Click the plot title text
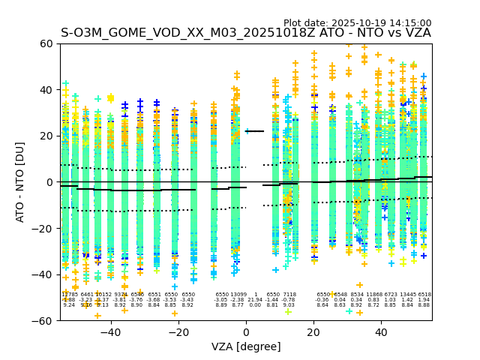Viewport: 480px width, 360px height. click(246, 33)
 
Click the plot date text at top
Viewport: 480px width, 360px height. click(357, 23)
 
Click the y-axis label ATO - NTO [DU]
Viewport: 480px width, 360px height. click(21, 182)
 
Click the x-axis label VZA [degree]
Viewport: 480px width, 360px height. click(246, 346)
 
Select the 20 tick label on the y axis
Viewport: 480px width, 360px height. click(46, 136)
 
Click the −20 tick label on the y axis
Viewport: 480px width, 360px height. click(43, 229)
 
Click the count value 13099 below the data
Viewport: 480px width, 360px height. click(238, 295)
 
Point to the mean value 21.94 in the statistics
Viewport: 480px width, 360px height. click(255, 300)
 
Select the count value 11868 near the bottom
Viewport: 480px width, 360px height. click(373, 295)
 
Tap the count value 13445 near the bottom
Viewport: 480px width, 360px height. click(407, 295)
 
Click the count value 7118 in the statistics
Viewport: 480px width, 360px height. click(289, 295)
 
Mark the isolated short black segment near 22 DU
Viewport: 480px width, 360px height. click(255, 131)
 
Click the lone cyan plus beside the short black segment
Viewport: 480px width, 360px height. click(247, 131)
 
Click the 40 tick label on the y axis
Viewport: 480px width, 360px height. click(46, 90)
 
